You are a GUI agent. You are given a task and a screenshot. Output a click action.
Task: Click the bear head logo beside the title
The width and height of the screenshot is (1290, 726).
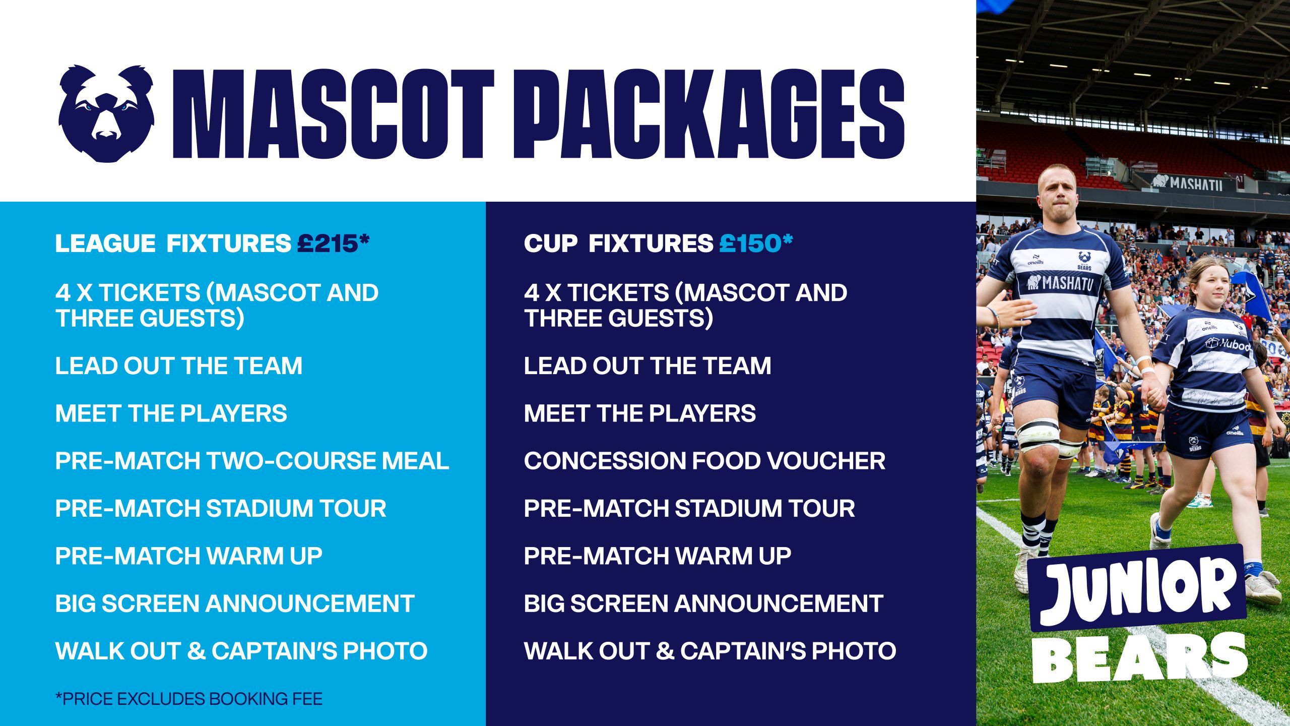point(106,113)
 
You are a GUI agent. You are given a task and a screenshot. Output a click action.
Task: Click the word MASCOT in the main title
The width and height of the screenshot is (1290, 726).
point(334,114)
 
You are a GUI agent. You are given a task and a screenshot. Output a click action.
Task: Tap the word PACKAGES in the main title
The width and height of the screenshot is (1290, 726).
point(709,114)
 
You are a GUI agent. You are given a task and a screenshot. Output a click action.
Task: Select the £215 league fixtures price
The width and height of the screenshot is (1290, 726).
point(333,244)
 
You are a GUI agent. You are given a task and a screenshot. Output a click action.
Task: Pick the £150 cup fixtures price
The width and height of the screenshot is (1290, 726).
point(756,244)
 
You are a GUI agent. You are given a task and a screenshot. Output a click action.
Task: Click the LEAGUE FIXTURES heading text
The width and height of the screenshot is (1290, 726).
point(173,244)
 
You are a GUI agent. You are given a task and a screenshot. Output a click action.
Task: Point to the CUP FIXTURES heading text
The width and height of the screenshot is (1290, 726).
point(618,244)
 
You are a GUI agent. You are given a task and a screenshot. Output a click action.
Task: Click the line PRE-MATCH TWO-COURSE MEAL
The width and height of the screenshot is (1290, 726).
point(252,461)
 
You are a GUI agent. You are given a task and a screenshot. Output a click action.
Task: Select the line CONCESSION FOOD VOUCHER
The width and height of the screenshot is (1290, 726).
point(704,461)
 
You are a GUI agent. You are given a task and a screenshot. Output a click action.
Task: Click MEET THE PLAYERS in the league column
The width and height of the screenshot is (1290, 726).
point(171,413)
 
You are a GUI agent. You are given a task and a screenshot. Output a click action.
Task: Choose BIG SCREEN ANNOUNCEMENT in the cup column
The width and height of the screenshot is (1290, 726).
point(703,603)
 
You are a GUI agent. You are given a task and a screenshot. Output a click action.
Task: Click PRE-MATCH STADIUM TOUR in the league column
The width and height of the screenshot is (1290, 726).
point(221,508)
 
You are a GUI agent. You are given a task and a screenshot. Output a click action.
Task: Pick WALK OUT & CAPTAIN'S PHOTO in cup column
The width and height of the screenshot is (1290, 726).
point(710,651)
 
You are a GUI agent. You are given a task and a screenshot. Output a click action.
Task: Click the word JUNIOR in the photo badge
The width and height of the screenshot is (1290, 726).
point(1139,590)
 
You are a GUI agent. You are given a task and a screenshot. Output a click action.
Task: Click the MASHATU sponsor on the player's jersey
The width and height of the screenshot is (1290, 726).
point(1060,283)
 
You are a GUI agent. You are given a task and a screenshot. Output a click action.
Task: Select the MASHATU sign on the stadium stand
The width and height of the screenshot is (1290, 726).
point(1187,183)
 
